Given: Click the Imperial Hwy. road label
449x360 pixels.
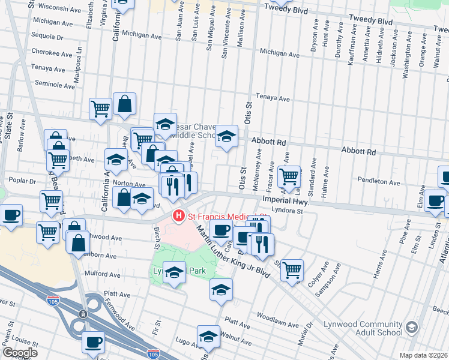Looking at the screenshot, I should (286, 202).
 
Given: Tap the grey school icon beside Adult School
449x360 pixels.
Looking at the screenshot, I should (412, 328).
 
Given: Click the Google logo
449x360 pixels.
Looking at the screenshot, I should (20, 353).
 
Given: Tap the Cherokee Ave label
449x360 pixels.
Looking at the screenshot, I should (52, 53).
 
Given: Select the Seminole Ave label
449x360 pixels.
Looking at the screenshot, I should (55, 83).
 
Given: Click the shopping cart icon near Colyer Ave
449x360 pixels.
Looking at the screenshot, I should (292, 269).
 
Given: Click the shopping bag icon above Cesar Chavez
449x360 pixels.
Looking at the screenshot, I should (125, 104).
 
